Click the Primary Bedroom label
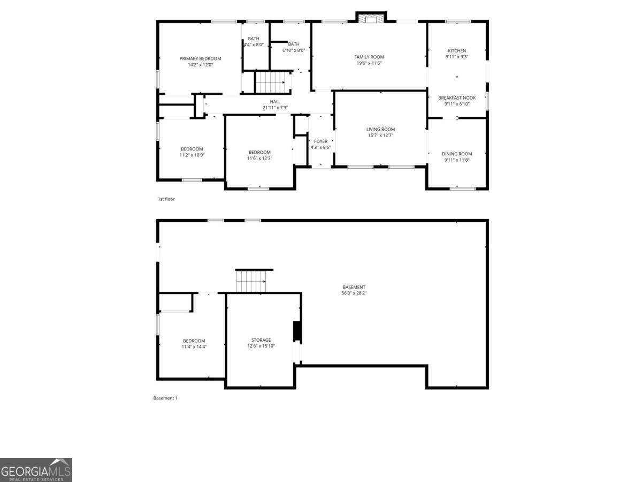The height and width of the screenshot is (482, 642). [x=200, y=58]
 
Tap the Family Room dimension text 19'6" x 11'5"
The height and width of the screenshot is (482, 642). [x=369, y=63]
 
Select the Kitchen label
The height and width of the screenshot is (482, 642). [x=457, y=51]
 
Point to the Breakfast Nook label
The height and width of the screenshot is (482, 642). [x=457, y=98]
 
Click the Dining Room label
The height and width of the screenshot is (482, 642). [x=457, y=154]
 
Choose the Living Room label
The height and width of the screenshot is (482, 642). [x=380, y=129]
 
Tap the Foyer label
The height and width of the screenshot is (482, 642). [x=320, y=141]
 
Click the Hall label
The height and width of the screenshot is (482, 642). [x=275, y=102]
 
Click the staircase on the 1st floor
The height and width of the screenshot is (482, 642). [x=269, y=82]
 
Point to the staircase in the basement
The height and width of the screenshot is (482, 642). [x=251, y=281]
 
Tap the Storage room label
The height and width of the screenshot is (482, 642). [x=261, y=340]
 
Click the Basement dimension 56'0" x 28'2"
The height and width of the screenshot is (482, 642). [x=354, y=293]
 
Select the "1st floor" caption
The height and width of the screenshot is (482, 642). [x=166, y=199]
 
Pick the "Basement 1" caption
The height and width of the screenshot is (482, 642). [x=165, y=398]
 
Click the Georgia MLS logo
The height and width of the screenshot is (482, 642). [x=36, y=470]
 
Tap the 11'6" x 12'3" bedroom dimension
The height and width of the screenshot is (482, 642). [x=259, y=158]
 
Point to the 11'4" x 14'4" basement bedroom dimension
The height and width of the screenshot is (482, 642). [x=194, y=347]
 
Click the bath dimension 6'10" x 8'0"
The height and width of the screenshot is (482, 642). [x=294, y=50]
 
